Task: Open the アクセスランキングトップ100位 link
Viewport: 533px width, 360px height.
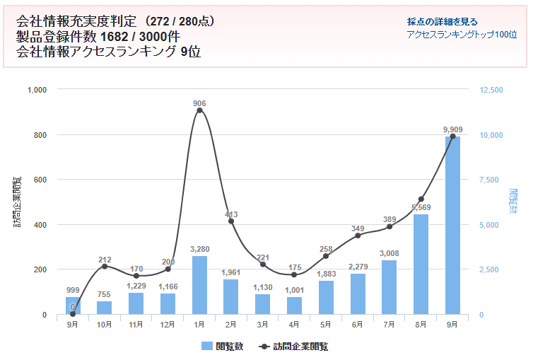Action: (x=462, y=34)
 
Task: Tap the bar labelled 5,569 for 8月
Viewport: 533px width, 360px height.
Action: (x=421, y=265)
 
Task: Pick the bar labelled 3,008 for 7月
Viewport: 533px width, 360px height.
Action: (x=389, y=287)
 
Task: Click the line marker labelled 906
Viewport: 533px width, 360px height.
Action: (x=199, y=110)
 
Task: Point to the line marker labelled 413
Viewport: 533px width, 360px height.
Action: (x=231, y=221)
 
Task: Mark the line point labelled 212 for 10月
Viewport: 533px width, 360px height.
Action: (x=105, y=266)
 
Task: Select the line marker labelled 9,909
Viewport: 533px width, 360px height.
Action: (x=453, y=136)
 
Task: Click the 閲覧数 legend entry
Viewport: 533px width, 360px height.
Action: (x=222, y=346)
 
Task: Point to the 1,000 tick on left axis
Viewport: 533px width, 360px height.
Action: (x=36, y=90)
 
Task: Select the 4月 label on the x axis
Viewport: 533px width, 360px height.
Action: (x=294, y=325)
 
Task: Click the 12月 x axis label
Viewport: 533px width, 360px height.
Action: (x=168, y=325)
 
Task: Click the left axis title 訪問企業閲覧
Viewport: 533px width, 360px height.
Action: (x=17, y=202)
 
